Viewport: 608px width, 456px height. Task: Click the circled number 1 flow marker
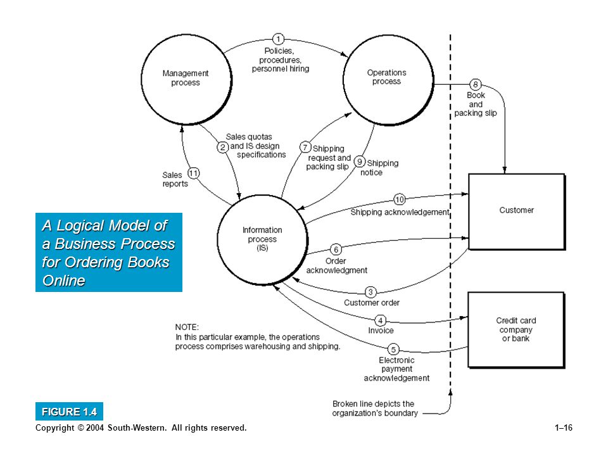point(278,39)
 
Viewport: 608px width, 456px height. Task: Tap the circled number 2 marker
point(222,148)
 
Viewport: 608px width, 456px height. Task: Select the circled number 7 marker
point(305,148)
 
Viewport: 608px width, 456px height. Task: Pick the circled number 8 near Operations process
point(476,84)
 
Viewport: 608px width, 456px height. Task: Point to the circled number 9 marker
point(360,161)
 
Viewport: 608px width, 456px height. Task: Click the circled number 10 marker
point(400,199)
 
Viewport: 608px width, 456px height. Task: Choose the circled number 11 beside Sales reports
point(194,173)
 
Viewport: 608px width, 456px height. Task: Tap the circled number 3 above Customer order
point(370,292)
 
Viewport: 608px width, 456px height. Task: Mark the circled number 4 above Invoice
point(381,320)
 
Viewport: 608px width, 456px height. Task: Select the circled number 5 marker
point(393,350)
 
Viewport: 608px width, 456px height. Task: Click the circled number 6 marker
point(336,250)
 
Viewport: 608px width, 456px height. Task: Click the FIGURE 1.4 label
point(69,412)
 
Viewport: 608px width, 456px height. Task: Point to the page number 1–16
point(564,427)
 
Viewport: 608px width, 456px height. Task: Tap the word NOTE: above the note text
point(187,327)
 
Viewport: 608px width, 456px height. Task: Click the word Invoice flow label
point(381,331)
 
